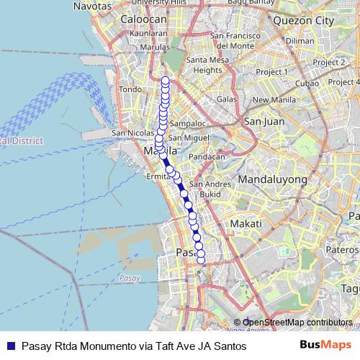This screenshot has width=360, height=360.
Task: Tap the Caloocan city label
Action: pyautogui.click(x=144, y=19)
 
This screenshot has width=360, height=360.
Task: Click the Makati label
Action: pyautogui.click(x=244, y=225)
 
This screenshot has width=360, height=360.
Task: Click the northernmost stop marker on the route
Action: pyautogui.click(x=166, y=80)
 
